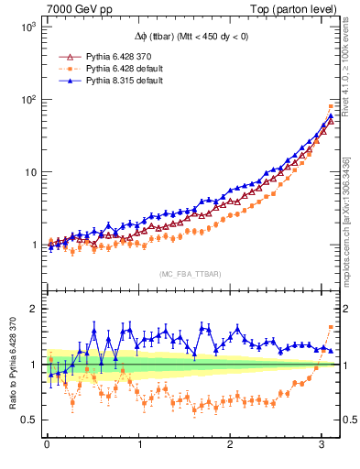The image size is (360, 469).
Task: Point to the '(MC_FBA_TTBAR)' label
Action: tap(190, 275)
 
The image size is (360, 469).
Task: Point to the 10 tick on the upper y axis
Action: tap(30, 172)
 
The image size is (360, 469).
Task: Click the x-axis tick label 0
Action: tap(47, 445)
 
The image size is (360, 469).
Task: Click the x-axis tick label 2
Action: tap(231, 445)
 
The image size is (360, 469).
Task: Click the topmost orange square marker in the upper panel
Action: tap(331, 107)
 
